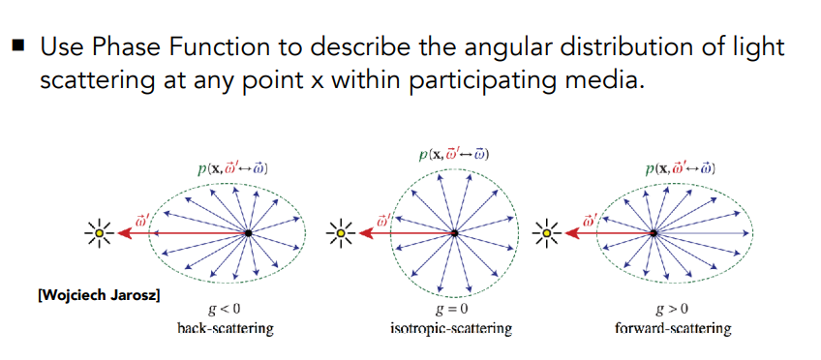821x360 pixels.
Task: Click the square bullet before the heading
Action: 17,46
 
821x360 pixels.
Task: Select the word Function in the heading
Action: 211,47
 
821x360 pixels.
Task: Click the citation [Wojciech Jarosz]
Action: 99,295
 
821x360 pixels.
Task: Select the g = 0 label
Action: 451,310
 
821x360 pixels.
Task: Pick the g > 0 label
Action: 672,310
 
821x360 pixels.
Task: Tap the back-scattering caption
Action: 226,329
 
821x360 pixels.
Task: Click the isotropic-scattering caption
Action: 451,329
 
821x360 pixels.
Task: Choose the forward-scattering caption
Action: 672,329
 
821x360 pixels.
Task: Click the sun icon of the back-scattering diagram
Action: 99,233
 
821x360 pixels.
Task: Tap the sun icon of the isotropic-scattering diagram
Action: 341,233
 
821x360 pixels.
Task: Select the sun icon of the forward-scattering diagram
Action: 547,233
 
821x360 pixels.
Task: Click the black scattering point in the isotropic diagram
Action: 454,233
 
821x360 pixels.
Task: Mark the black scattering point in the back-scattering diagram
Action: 248,233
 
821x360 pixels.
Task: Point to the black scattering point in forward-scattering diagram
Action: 654,233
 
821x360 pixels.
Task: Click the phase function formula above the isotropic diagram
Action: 454,155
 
